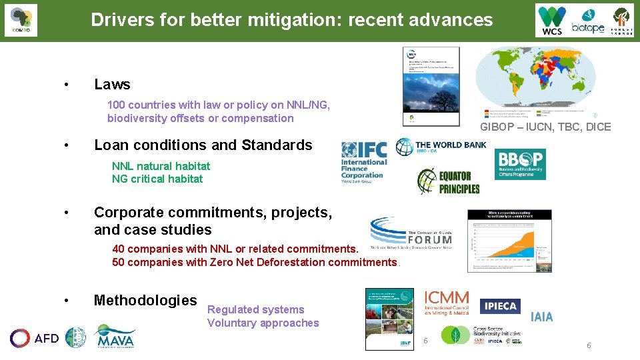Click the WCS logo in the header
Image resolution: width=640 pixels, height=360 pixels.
click(553, 21)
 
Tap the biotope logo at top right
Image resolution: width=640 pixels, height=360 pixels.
click(587, 21)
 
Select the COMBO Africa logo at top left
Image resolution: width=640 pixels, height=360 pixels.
click(21, 21)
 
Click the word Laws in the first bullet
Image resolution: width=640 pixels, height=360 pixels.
click(112, 84)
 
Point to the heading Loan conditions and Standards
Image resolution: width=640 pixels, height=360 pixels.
click(203, 145)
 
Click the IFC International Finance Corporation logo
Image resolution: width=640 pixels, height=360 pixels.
click(363, 162)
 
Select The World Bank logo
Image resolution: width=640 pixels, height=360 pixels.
click(441, 146)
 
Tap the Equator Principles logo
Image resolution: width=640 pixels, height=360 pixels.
click(448, 181)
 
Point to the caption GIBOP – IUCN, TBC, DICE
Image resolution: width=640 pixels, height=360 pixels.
click(545, 127)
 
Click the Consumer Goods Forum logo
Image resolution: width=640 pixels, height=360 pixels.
click(411, 233)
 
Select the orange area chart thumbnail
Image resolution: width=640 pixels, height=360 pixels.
click(509, 241)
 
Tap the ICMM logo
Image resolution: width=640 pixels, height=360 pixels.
click(447, 302)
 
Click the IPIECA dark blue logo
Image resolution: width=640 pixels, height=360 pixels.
click(500, 306)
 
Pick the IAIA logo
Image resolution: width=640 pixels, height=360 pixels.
click(541, 317)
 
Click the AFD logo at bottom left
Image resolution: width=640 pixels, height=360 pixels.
click(34, 338)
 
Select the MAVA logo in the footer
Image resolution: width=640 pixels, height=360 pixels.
click(114, 337)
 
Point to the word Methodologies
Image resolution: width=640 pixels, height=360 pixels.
click(145, 300)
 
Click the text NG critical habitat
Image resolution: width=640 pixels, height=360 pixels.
click(157, 179)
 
